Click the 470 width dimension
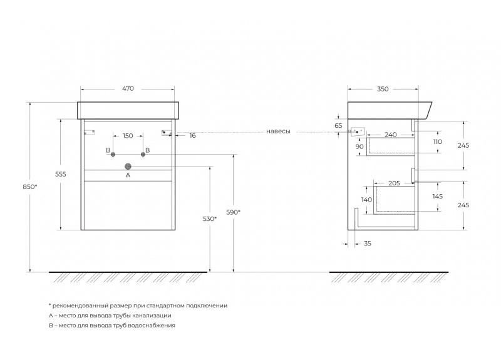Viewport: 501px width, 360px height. (128, 88)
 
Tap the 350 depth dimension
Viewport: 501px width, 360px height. (383, 89)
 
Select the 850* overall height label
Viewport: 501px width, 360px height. (29, 187)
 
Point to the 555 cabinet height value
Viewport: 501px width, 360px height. (60, 174)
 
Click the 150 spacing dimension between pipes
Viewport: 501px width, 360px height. (128, 136)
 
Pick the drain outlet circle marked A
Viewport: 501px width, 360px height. (128, 167)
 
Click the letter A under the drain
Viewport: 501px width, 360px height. (128, 175)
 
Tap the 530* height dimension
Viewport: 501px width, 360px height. (210, 219)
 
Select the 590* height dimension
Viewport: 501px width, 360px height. (233, 212)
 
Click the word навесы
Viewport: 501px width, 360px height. (278, 131)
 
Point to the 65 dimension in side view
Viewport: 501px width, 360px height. (338, 126)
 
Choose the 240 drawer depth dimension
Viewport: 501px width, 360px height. (390, 135)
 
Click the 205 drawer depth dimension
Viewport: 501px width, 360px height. (394, 183)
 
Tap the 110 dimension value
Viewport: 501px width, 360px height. (437, 141)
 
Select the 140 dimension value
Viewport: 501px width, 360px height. (366, 200)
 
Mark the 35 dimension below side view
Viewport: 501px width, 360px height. (368, 244)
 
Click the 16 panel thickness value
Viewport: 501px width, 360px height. (192, 135)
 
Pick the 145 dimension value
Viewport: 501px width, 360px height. (437, 197)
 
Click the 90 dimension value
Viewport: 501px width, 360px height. (359, 147)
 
